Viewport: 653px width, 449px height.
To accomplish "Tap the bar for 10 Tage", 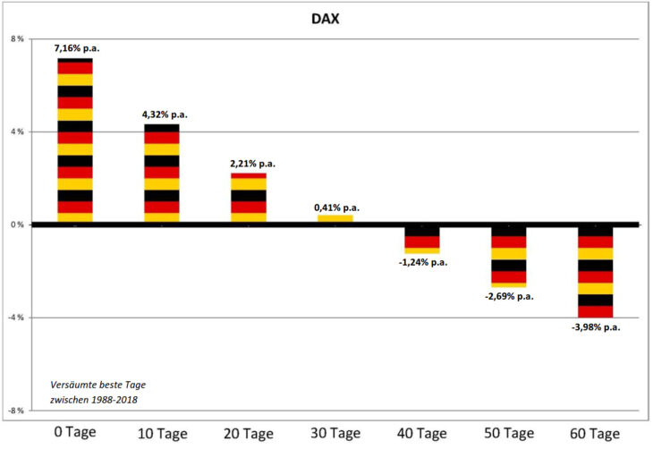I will click(162, 174).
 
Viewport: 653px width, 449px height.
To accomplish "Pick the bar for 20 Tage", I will click(249, 198).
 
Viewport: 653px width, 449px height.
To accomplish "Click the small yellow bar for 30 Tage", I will click(335, 217).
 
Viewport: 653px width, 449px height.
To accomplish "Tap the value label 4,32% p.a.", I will click(165, 114).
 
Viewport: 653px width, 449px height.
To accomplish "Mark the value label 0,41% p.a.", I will click(337, 208).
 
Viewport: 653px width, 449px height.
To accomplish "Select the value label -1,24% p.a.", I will click(424, 262).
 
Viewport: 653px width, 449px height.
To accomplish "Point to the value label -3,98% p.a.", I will click(596, 327).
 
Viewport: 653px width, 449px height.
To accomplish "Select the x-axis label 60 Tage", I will click(594, 434).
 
